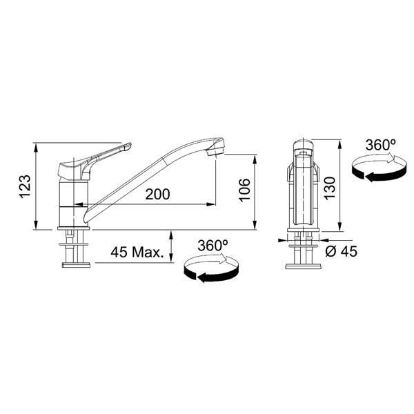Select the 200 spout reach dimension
pyautogui.click(x=158, y=195)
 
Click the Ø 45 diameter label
pyautogui.click(x=341, y=252)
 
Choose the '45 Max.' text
pyautogui.click(x=137, y=253)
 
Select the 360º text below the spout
pyautogui.click(x=213, y=246)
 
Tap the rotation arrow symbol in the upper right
pyautogui.click(x=373, y=168)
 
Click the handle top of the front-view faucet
pyautogui.click(x=302, y=147)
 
